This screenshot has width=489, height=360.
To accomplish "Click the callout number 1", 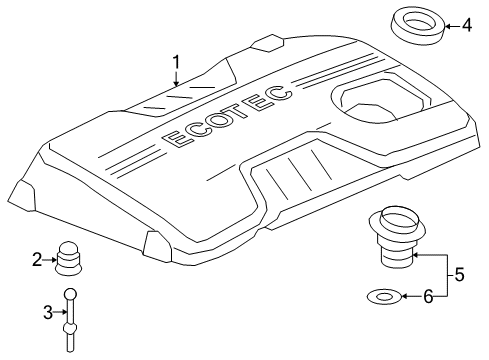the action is [176, 62].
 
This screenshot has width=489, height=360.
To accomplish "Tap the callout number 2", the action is [37, 261].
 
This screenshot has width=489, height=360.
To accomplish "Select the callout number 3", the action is [46, 312].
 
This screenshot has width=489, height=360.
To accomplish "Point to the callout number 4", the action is [466, 24].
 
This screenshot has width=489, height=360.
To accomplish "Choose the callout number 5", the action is [459, 272].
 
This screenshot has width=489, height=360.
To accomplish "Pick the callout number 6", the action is [429, 296].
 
